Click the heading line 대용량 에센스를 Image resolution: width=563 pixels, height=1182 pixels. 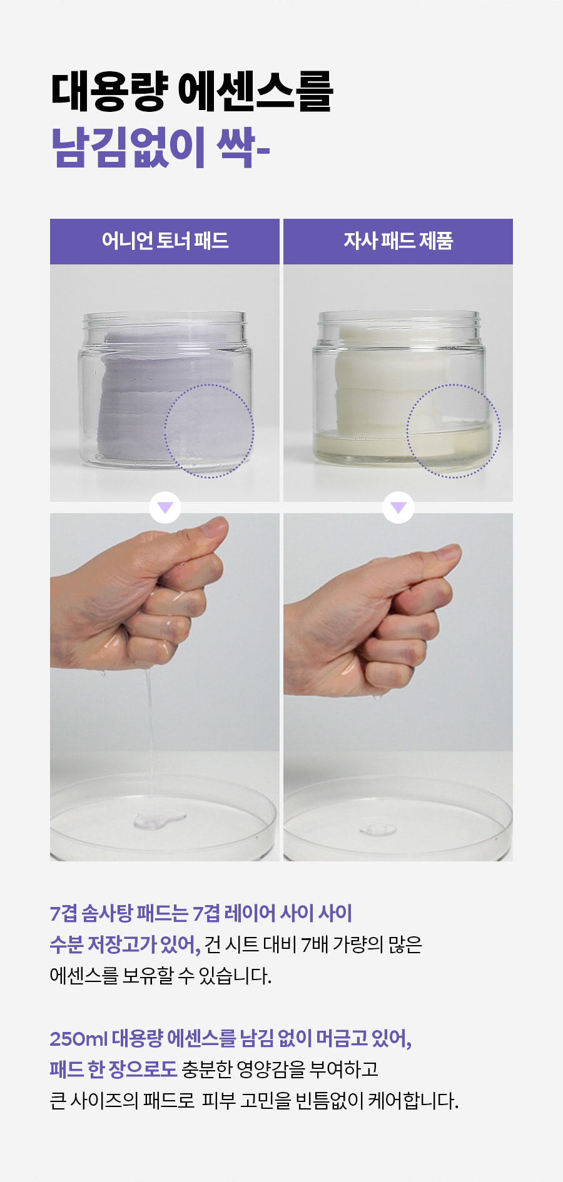click(x=191, y=92)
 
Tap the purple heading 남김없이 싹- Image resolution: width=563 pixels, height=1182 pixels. click(x=160, y=148)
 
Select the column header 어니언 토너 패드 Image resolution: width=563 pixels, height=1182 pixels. click(x=165, y=241)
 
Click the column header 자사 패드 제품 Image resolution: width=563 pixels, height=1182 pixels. click(x=398, y=241)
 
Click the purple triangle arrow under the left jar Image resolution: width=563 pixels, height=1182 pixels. click(x=165, y=507)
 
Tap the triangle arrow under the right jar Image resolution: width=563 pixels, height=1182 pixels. click(x=398, y=507)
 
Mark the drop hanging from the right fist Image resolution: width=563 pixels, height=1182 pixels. click(x=377, y=696)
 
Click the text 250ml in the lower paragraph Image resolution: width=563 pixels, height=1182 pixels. click(x=79, y=1038)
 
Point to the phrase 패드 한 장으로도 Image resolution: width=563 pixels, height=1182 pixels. click(x=113, y=1069)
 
